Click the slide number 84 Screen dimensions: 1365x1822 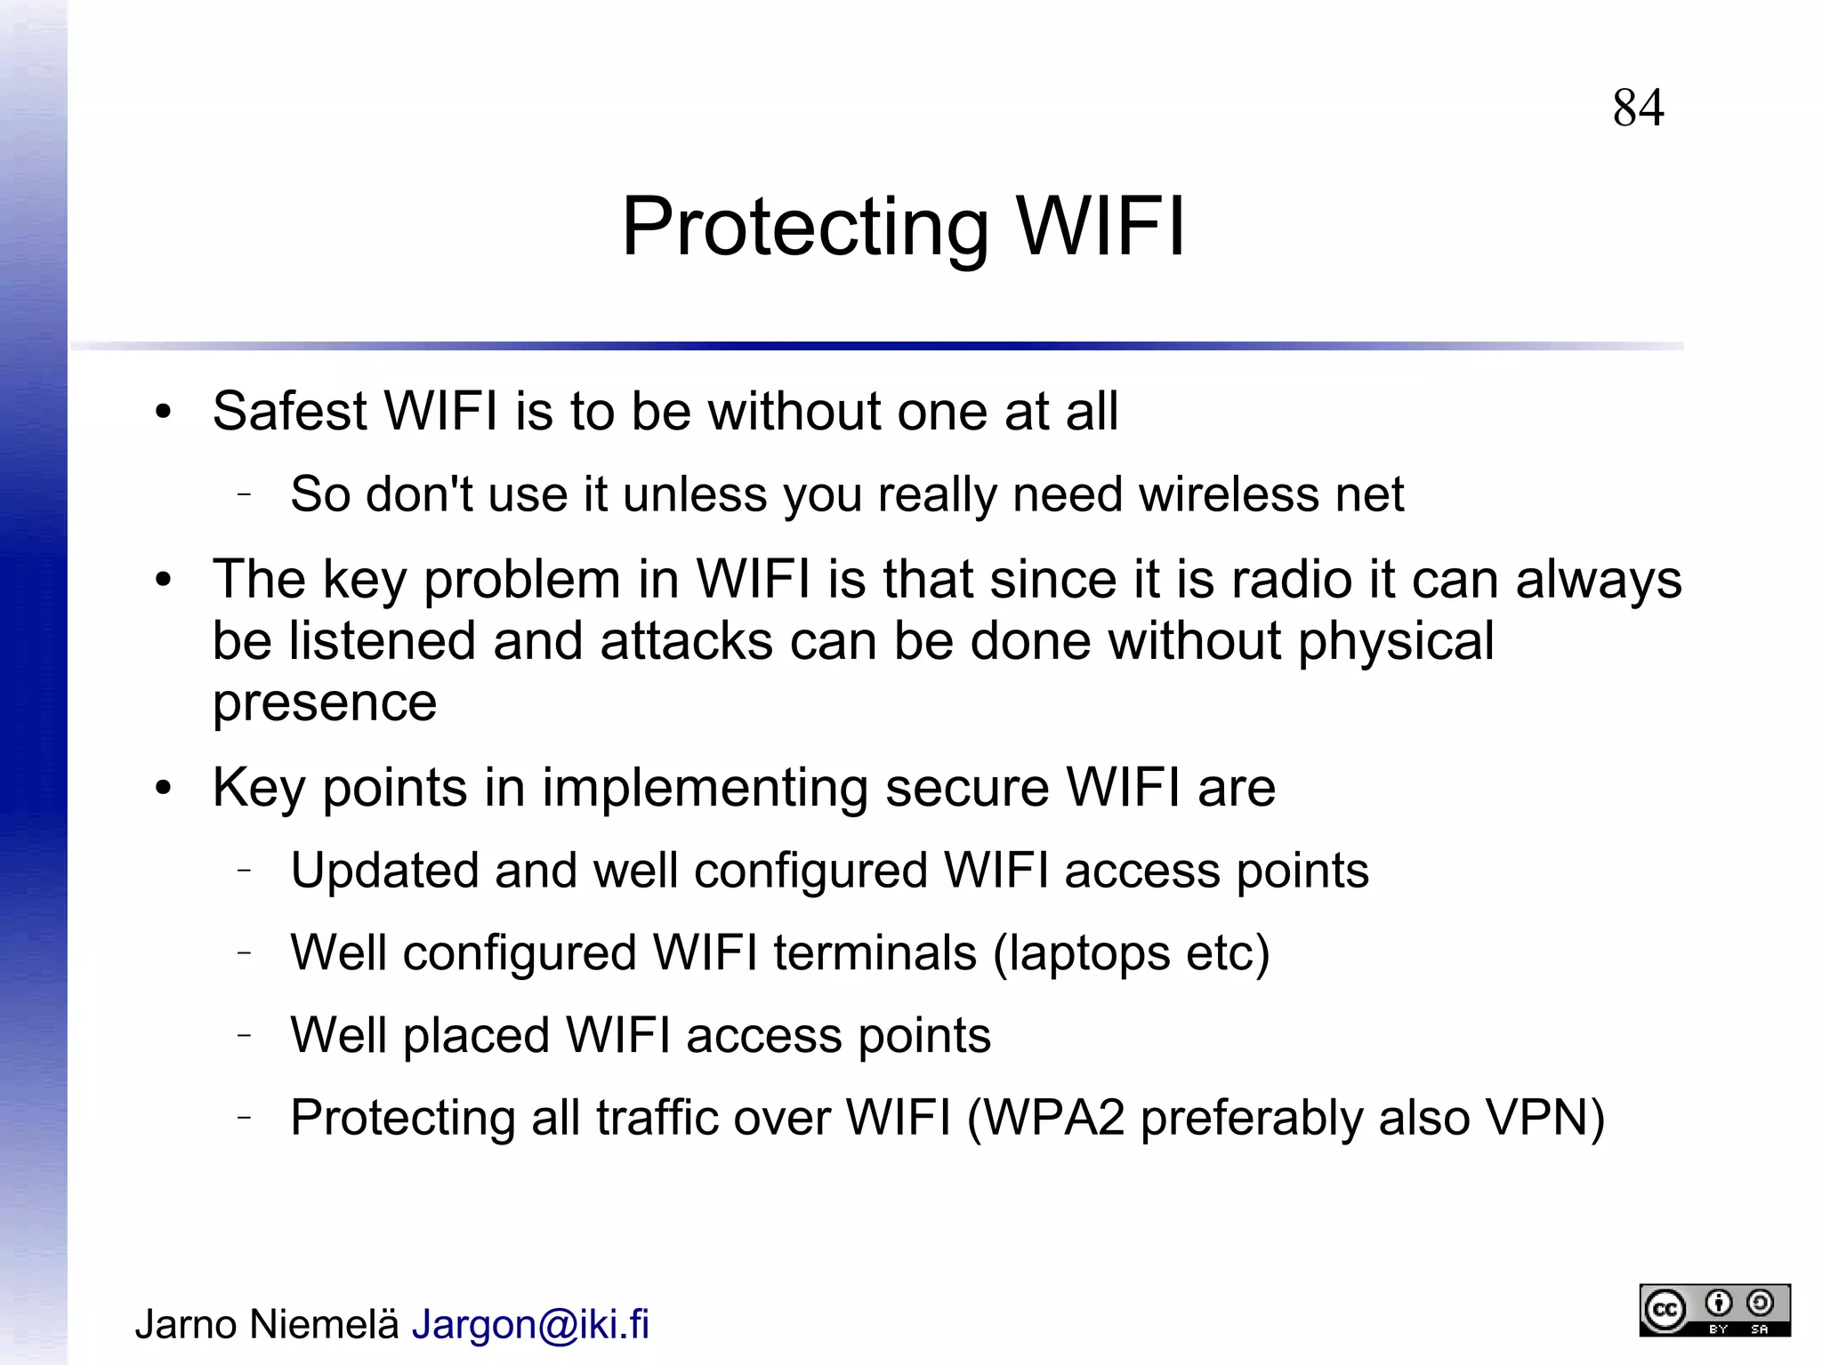pos(1638,108)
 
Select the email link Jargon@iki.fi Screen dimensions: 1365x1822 pos(530,1324)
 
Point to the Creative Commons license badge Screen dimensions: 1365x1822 pos(1714,1310)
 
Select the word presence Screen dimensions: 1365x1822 pos(325,703)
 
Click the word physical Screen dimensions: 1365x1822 pos(1396,641)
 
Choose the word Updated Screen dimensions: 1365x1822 pos(384,870)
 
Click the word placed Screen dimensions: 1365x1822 pos(476,1036)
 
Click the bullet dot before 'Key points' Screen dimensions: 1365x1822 pos(163,788)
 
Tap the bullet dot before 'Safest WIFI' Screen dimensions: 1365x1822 pos(163,412)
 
